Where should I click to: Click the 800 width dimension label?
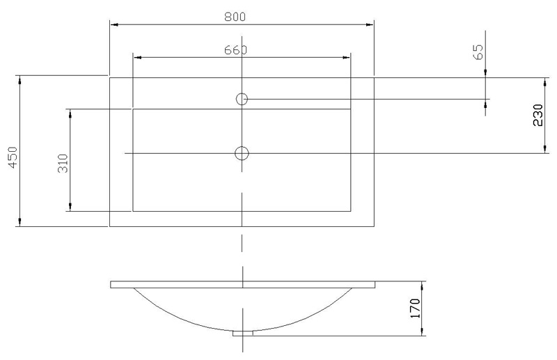click(x=235, y=17)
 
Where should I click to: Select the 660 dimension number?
click(x=235, y=50)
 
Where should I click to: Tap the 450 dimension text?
click(x=13, y=157)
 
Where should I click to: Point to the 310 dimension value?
click(x=63, y=163)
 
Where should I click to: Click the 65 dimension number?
click(x=478, y=52)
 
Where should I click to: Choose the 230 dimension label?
click(x=538, y=115)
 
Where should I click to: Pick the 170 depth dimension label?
click(x=415, y=308)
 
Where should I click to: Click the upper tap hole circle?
click(x=242, y=99)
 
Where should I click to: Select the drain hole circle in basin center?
click(x=242, y=153)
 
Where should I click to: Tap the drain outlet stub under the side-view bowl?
click(x=242, y=334)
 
